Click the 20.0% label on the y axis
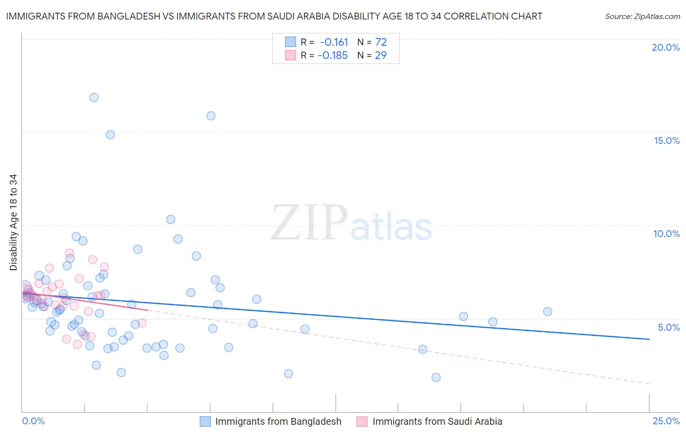coord(666,47)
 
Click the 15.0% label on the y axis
coord(666,140)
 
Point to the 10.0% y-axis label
coord(666,234)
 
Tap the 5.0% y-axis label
coord(668,327)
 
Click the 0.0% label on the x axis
coord(33,421)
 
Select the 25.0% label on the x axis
coord(666,421)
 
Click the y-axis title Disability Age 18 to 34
coord(13,222)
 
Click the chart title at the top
coord(274,16)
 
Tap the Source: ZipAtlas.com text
coord(642,16)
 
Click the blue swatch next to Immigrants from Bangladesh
coord(205,421)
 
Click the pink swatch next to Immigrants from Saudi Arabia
coord(362,421)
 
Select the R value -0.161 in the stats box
coord(334,42)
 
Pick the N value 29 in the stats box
coord(381,55)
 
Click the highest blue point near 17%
coord(94,98)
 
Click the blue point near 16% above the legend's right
coord(211,116)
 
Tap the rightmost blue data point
coord(547,312)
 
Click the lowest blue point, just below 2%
coord(436,377)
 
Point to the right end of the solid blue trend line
coord(649,339)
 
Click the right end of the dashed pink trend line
coord(649,384)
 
